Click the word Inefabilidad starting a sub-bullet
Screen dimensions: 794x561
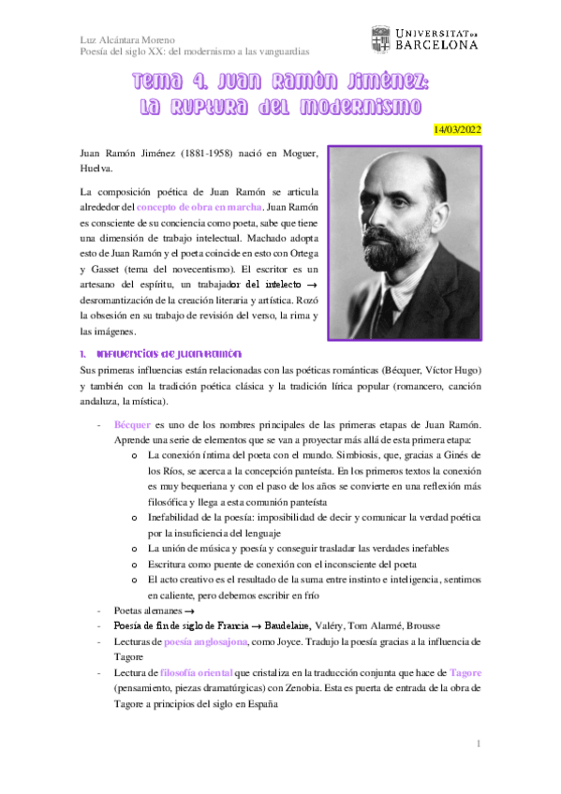178,518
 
